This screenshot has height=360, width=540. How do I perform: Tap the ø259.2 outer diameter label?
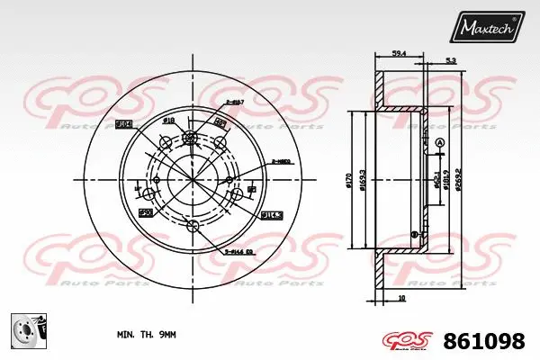click(458, 180)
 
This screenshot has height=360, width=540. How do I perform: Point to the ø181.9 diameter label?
click(446, 180)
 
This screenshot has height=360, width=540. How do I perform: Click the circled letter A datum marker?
click(439, 144)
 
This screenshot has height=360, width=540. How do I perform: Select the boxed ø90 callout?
click(144, 212)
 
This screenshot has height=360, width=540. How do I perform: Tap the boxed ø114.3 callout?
click(269, 214)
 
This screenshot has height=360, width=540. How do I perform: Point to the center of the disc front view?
click(193, 180)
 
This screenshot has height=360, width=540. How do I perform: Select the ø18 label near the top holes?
click(167, 119)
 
